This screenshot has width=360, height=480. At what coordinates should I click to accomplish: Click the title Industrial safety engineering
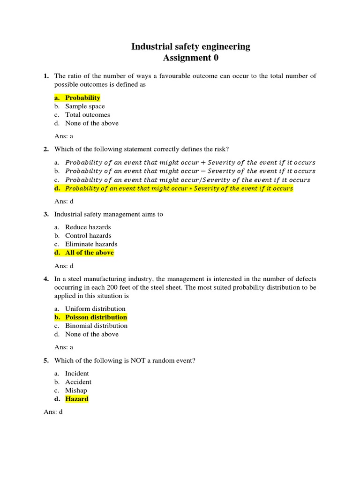[x=190, y=46]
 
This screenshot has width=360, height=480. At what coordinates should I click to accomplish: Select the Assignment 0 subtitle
[x=190, y=58]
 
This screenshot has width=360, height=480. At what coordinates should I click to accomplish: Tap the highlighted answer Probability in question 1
[x=82, y=97]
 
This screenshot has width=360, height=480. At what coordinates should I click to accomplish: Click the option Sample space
[x=85, y=106]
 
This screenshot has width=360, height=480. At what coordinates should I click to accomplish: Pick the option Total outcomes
[x=88, y=114]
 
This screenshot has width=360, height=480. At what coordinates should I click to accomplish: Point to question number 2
[x=46, y=149]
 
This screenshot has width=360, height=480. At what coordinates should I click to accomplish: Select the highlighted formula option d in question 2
[x=179, y=188]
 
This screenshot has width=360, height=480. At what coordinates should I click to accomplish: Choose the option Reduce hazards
[x=88, y=227]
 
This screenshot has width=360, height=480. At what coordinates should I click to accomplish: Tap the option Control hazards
[x=88, y=235]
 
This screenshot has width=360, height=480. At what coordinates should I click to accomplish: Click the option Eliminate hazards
[x=91, y=244]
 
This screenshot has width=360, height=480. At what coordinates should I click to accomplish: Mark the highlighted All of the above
[x=89, y=253]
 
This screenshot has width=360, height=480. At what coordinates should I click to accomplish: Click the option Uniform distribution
[x=95, y=308]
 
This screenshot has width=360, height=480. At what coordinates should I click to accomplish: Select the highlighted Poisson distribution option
[x=96, y=317]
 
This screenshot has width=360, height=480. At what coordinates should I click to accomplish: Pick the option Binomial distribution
[x=96, y=325]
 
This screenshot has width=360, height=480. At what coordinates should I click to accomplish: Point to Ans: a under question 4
[x=64, y=347]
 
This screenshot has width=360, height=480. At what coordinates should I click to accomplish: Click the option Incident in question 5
[x=77, y=373]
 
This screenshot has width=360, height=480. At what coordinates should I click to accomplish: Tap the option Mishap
[x=76, y=390]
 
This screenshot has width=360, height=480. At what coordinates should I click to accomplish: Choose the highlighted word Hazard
[x=77, y=399]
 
